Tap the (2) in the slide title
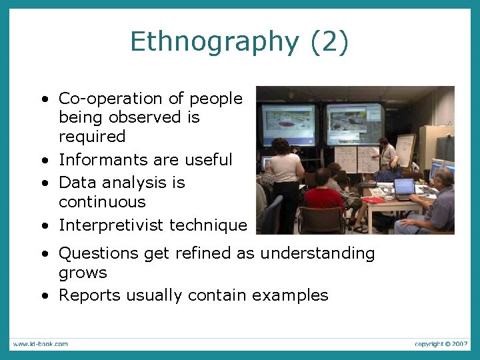click(329, 42)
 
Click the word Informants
click(99, 160)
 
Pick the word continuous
click(102, 201)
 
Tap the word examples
click(289, 295)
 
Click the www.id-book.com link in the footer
click(39, 344)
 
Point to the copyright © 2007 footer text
click(441, 344)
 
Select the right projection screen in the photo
click(354, 123)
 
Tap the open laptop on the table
click(404, 187)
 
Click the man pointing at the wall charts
click(387, 157)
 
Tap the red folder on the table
click(374, 199)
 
